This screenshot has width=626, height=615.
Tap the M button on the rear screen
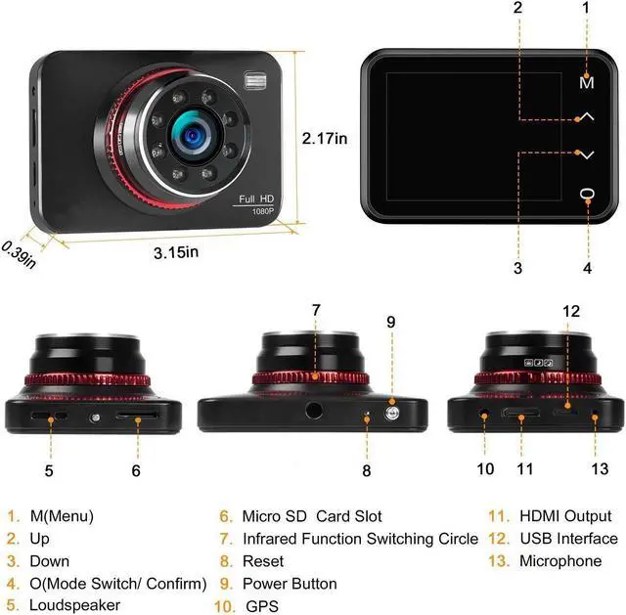click(586, 83)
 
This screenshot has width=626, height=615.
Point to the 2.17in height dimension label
click(325, 138)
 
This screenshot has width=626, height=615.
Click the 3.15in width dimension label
click(176, 252)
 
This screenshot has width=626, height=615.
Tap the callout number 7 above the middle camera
click(316, 311)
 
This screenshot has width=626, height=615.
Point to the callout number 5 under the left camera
click(48, 469)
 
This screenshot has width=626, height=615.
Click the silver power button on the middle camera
click(390, 413)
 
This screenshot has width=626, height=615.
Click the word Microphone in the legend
click(560, 561)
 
